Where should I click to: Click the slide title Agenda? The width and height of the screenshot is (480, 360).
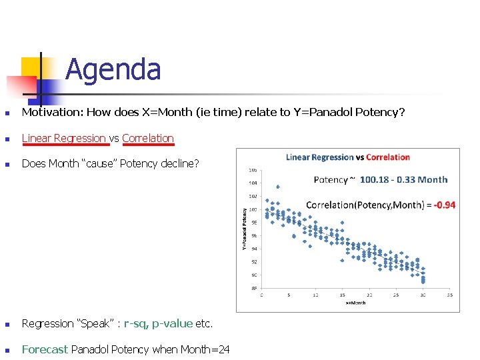point(113,69)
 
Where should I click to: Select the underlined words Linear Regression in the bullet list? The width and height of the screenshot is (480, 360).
point(64,138)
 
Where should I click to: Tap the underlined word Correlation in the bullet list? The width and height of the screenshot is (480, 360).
point(147,138)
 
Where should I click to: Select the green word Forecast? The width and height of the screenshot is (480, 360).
point(45,349)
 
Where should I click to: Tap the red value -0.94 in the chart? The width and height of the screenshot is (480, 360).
point(444,205)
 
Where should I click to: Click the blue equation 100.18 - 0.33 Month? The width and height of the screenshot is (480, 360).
point(403,179)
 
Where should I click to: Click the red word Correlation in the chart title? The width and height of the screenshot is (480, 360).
point(388,157)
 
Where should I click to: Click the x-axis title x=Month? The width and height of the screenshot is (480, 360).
point(355,303)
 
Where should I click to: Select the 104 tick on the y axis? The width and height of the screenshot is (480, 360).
point(253,183)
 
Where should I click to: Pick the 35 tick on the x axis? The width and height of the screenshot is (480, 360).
point(449,294)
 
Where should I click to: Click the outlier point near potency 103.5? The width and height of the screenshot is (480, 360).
point(278,187)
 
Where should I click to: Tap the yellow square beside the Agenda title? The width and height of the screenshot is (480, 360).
point(31,67)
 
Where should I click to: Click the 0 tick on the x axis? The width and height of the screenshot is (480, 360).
point(261,294)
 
